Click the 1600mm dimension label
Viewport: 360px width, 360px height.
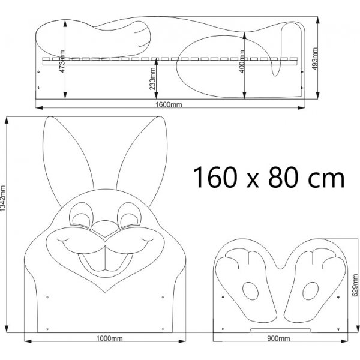[x=169, y=104]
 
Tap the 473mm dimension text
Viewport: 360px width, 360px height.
[x=62, y=62]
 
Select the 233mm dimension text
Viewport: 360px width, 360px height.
[x=152, y=79]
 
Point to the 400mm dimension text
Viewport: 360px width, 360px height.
[x=242, y=62]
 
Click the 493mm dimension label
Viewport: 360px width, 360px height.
[x=315, y=59]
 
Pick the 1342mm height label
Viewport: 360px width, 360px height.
[x=3, y=199]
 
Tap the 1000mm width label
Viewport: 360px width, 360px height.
[x=109, y=338]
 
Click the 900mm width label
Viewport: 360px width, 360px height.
[x=278, y=338]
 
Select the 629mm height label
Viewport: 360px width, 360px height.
[x=355, y=285]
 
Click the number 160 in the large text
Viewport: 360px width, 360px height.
[x=215, y=177]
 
